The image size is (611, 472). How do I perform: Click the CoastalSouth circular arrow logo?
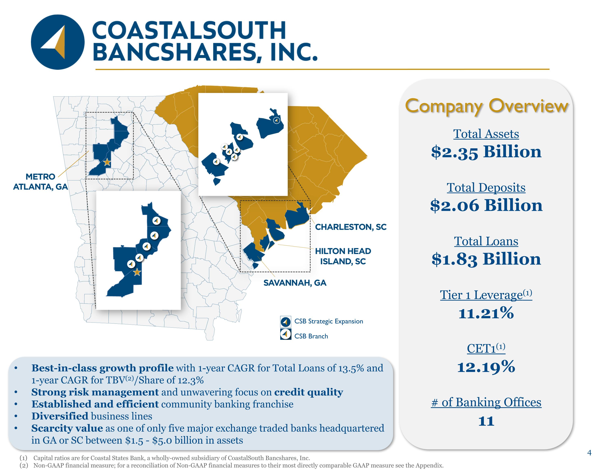click(x=58, y=42)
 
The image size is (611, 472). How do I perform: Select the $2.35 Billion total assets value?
click(x=486, y=152)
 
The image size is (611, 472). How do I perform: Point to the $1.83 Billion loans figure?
click(x=486, y=259)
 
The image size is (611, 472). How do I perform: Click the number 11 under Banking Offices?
click(x=486, y=421)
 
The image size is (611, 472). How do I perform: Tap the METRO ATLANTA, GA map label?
click(x=41, y=181)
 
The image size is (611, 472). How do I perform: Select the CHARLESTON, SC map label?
click(x=351, y=227)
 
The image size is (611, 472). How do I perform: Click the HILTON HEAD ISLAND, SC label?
click(x=343, y=256)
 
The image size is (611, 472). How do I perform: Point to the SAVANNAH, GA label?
click(x=295, y=283)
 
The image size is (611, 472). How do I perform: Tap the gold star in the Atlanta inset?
click(x=137, y=272)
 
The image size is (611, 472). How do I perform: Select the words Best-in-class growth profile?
click(x=102, y=368)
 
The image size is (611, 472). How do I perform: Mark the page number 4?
click(x=589, y=453)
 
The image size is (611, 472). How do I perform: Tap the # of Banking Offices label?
click(x=486, y=402)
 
